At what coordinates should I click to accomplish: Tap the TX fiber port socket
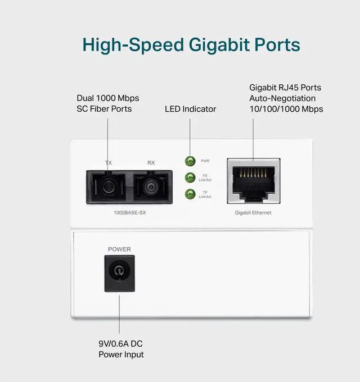tap(107, 187)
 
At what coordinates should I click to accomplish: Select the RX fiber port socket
tap(151, 187)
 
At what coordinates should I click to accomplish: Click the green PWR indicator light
tap(190, 161)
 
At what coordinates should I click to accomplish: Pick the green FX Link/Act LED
tap(190, 178)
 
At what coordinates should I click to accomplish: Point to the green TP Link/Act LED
tap(190, 194)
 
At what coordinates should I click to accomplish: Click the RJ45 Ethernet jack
tap(254, 181)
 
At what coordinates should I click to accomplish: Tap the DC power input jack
tap(119, 274)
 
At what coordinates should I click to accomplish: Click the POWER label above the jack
tap(119, 249)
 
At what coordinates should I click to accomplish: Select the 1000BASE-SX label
tap(130, 212)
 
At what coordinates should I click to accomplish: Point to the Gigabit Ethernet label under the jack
tap(253, 213)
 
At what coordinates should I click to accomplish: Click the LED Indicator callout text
tap(191, 109)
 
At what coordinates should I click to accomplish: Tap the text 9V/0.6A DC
tap(120, 343)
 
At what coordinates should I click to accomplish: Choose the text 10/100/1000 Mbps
tap(286, 109)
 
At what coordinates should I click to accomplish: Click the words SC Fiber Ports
tap(104, 108)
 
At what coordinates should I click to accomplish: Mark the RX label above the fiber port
tap(151, 163)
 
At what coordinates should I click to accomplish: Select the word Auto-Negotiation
tap(282, 98)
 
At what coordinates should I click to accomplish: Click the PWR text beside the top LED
tap(205, 161)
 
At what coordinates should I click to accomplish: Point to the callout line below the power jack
tap(119, 314)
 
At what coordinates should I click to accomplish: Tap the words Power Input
tap(121, 354)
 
